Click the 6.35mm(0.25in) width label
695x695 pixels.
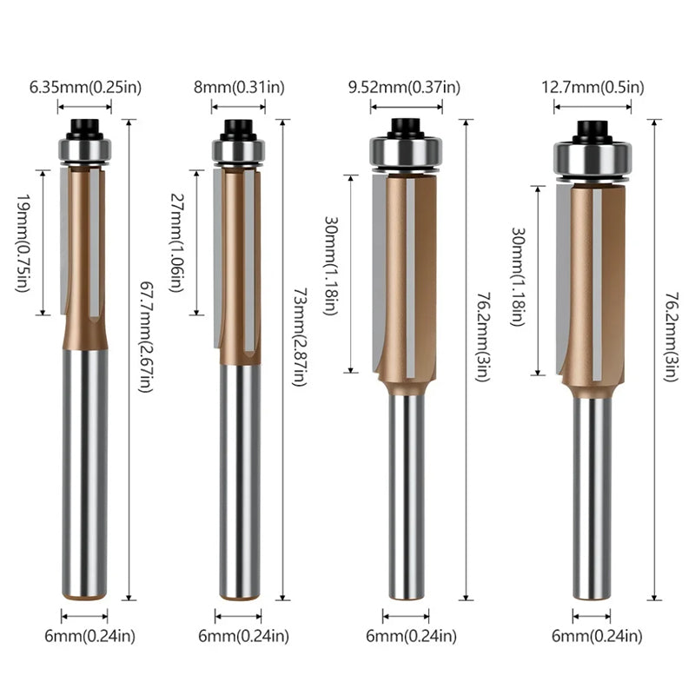click(x=85, y=88)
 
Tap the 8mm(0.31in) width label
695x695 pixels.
click(x=239, y=88)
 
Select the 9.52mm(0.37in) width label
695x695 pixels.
click(x=404, y=88)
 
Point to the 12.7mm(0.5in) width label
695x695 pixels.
click(x=592, y=88)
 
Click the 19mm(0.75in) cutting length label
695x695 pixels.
click(x=24, y=243)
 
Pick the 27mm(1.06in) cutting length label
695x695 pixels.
click(x=177, y=243)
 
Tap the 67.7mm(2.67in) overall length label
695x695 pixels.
click(x=146, y=337)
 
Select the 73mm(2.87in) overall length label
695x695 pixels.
click(x=300, y=337)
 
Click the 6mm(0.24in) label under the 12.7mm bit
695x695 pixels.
click(x=597, y=637)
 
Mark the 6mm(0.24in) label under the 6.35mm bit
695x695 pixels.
click(x=89, y=637)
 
